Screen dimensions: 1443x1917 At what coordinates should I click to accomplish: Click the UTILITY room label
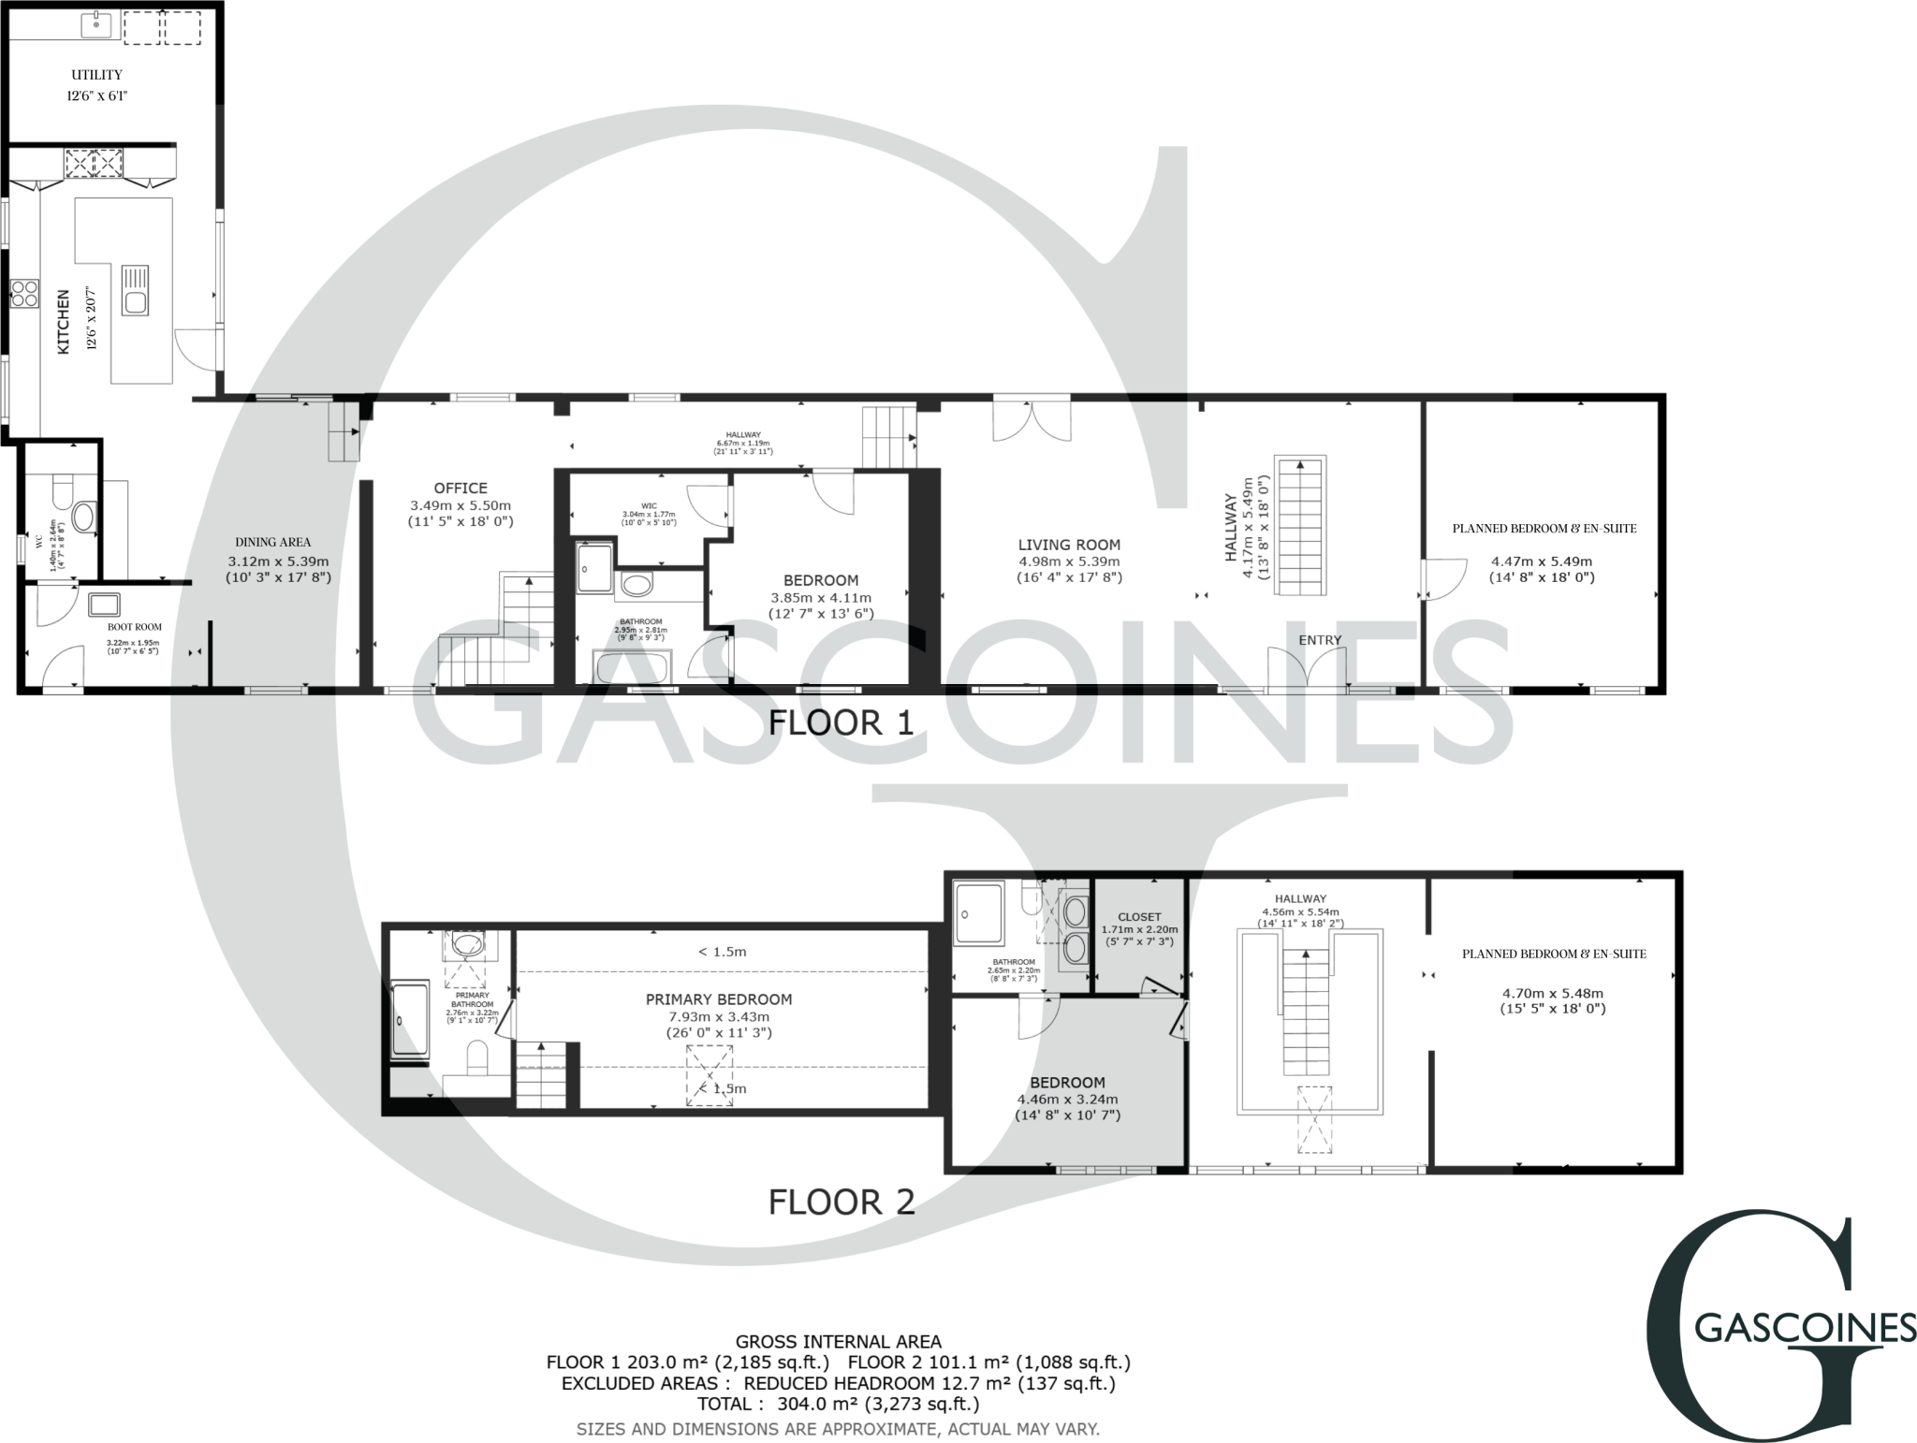pyautogui.click(x=96, y=75)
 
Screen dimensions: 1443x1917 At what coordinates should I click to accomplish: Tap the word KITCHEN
pyautogui.click(x=64, y=321)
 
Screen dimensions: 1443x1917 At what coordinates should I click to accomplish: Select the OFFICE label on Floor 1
pyautogui.click(x=461, y=488)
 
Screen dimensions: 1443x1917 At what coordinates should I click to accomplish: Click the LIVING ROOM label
pyautogui.click(x=1069, y=545)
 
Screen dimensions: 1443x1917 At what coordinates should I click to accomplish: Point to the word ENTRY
pyautogui.click(x=1320, y=640)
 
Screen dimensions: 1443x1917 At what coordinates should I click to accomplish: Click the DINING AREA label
pyautogui.click(x=272, y=542)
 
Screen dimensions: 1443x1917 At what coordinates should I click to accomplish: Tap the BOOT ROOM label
pyautogui.click(x=135, y=627)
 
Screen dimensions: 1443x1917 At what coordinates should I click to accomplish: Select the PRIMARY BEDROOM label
pyautogui.click(x=719, y=999)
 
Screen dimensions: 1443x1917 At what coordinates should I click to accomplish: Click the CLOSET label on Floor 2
pyautogui.click(x=1139, y=917)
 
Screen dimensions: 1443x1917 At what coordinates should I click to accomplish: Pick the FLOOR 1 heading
pyautogui.click(x=840, y=722)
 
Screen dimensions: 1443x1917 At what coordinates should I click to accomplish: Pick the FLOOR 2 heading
pyautogui.click(x=841, y=1202)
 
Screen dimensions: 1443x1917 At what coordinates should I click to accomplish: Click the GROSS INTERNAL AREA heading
pyautogui.click(x=838, y=1342)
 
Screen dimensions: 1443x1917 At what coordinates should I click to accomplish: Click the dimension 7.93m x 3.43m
pyautogui.click(x=719, y=1017)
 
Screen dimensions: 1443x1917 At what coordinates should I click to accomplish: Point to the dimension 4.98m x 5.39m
pyautogui.click(x=1069, y=561)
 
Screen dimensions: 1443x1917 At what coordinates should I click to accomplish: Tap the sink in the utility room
pyautogui.click(x=95, y=25)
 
